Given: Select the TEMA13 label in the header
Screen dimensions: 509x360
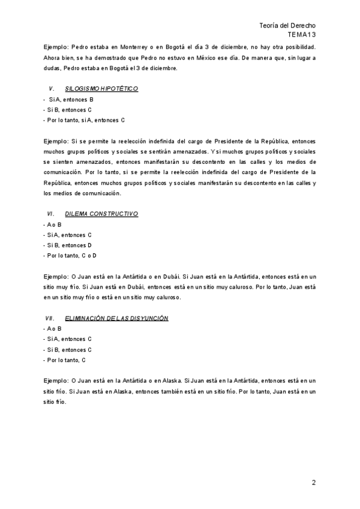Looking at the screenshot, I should (302, 35).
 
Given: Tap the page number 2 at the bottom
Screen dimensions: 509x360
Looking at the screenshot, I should (313, 483).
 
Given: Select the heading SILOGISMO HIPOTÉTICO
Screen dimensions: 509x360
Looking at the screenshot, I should (101, 89).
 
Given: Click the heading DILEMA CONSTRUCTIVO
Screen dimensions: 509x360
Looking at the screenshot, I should (101, 214).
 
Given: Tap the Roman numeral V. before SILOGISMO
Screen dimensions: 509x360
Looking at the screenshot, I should (52, 89).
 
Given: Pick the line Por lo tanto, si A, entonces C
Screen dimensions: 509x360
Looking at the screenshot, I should (84, 120).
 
